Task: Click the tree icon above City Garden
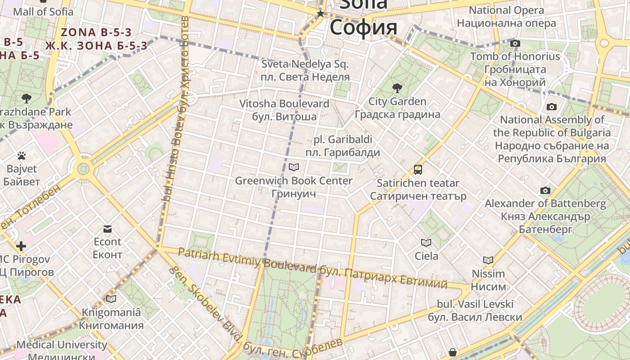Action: (397, 88)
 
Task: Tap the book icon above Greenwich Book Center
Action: (294, 167)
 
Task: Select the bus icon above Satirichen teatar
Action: (418, 170)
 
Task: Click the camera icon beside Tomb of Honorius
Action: (515, 44)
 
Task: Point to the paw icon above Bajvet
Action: (22, 156)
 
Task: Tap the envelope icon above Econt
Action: (108, 229)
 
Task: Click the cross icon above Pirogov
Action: (21, 246)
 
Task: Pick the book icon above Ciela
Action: (426, 243)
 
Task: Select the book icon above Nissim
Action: (488, 260)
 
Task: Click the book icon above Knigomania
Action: (111, 299)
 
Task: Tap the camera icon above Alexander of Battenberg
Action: (545, 191)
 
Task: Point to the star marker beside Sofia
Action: (320, 14)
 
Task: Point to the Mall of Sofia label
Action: (43, 12)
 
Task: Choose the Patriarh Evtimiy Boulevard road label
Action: (247, 260)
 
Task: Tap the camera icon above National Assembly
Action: (551, 107)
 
